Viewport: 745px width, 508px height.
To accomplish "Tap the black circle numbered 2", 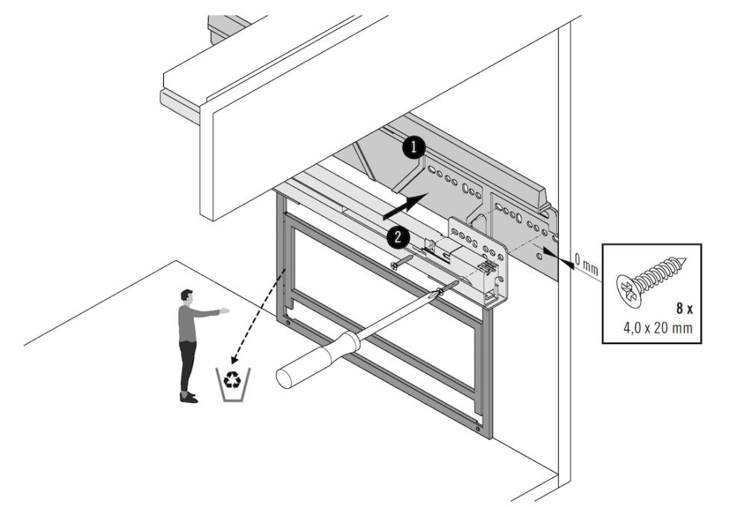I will (397, 237).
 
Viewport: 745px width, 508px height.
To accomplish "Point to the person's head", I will (186, 296).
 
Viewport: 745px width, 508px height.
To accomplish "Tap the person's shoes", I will (188, 396).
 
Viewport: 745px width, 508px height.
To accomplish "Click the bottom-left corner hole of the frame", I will (286, 323).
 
